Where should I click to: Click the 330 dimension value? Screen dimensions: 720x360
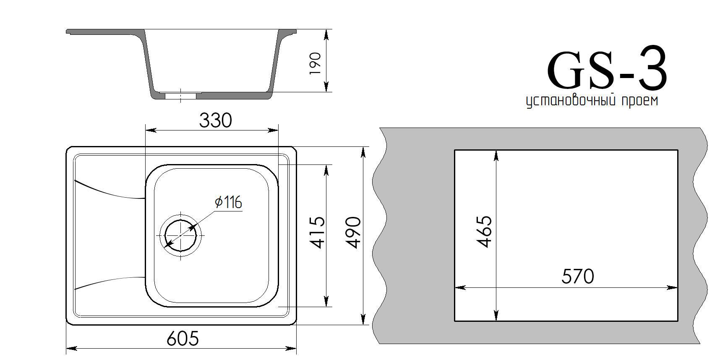pyautogui.click(x=215, y=121)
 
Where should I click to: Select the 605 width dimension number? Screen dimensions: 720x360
pyautogui.click(x=183, y=338)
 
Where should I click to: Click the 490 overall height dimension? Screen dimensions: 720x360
pyautogui.click(x=353, y=233)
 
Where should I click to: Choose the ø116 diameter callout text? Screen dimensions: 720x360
pyautogui.click(x=228, y=202)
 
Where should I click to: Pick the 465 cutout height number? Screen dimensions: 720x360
pyautogui.click(x=484, y=232)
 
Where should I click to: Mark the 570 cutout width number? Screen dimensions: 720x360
pyautogui.click(x=578, y=277)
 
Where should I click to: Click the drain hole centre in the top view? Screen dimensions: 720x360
pyautogui.click(x=181, y=235)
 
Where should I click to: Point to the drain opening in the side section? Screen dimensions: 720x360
pyautogui.click(x=180, y=96)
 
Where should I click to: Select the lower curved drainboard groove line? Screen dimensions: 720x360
pyautogui.click(x=110, y=282)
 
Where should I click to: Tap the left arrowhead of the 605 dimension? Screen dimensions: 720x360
pyautogui.click(x=71, y=348)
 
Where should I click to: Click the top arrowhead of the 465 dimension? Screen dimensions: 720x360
pyautogui.click(x=496, y=155)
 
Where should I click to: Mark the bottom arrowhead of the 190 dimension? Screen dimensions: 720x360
pyautogui.click(x=326, y=87)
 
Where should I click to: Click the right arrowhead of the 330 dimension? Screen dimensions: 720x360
pyautogui.click(x=273, y=130)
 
